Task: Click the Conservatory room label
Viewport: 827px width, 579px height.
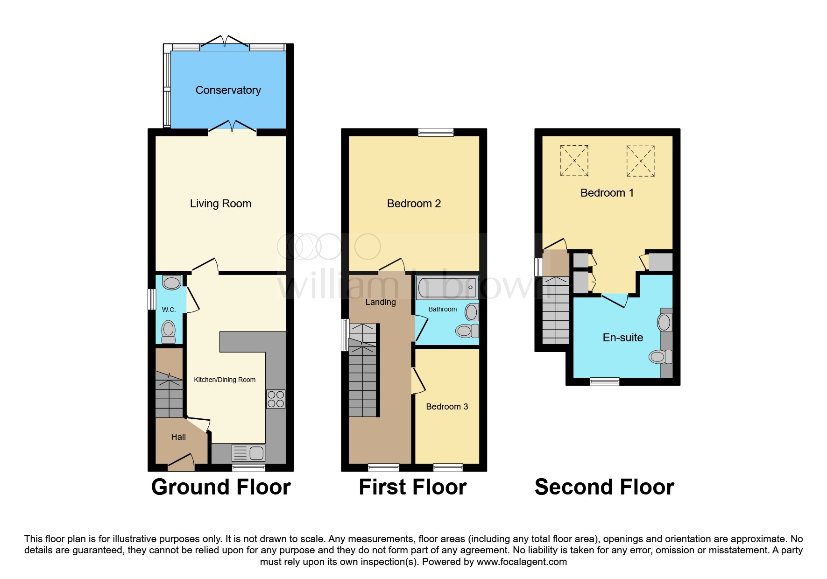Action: [x=228, y=90]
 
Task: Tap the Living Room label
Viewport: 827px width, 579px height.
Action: [x=220, y=204]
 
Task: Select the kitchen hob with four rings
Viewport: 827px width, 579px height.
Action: [x=276, y=399]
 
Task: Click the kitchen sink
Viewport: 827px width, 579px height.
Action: [x=249, y=453]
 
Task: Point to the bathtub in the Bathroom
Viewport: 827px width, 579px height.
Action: [x=447, y=287]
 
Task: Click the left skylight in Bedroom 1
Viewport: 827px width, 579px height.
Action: [x=574, y=161]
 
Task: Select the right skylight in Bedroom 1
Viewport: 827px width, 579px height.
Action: [x=640, y=161]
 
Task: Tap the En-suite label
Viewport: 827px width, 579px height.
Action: [x=622, y=338]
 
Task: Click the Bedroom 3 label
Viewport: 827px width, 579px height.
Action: [x=447, y=407]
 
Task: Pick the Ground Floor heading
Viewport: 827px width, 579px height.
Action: [x=221, y=487]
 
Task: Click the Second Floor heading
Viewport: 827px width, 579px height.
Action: [x=604, y=487]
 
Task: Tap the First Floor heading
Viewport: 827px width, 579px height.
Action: [x=413, y=487]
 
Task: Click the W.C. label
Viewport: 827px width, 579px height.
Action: [x=169, y=310]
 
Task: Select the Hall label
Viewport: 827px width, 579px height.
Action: [x=178, y=437]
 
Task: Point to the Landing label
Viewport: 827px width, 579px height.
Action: [x=381, y=302]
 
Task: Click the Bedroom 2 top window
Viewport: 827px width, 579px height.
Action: [x=436, y=132]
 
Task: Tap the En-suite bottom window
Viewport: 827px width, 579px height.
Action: [x=605, y=381]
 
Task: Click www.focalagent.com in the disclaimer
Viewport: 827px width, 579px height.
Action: [x=522, y=562]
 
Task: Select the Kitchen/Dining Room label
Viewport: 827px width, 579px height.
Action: [x=225, y=380]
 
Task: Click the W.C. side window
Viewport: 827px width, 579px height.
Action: [x=152, y=299]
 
